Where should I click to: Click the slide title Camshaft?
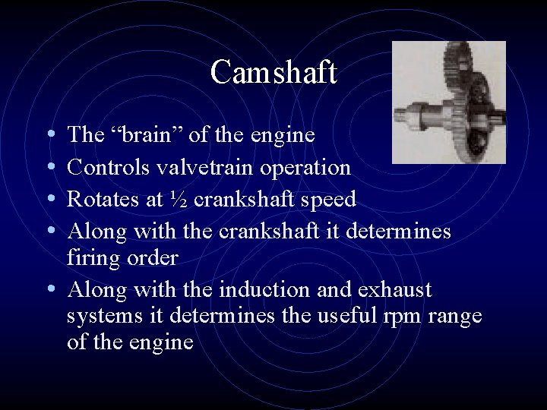pos(273,73)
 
